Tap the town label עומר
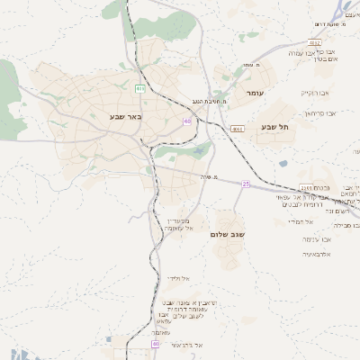tap(253, 94)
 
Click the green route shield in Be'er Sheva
tap(139, 88)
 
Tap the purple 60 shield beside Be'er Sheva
tap(187, 121)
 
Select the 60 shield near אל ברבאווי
tap(155, 344)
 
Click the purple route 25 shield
tap(245, 184)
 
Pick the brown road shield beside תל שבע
tap(237, 130)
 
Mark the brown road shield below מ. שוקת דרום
tap(314, 42)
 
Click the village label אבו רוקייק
tap(315, 93)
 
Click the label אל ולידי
tap(176, 278)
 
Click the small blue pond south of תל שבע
tap(283, 164)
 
